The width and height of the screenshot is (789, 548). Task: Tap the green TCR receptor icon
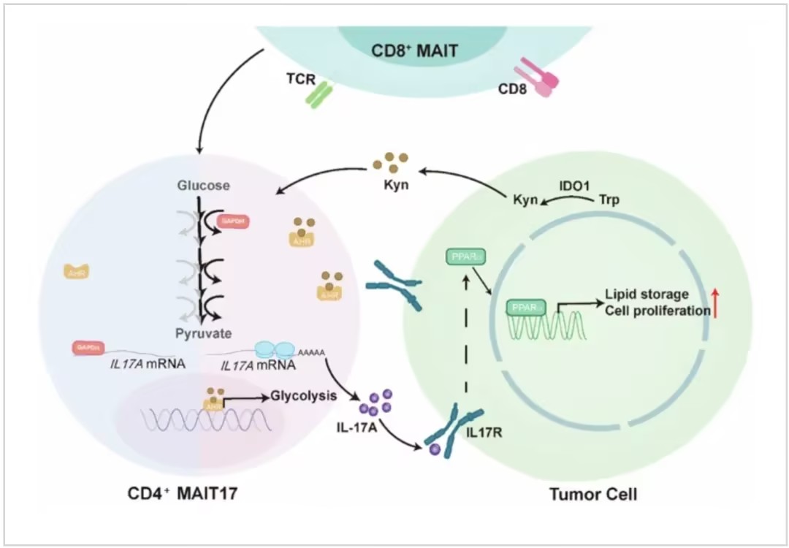click(x=319, y=95)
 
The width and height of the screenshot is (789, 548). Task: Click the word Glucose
click(x=203, y=186)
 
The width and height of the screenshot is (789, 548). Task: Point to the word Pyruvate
click(x=203, y=333)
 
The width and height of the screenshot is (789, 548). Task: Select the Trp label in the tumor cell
click(x=609, y=199)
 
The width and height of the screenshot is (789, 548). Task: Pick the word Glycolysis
click(x=303, y=397)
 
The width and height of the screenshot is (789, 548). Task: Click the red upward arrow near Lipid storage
click(x=717, y=302)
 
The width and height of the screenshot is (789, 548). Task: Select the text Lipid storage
click(x=647, y=294)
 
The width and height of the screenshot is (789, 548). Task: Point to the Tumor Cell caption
click(x=592, y=495)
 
